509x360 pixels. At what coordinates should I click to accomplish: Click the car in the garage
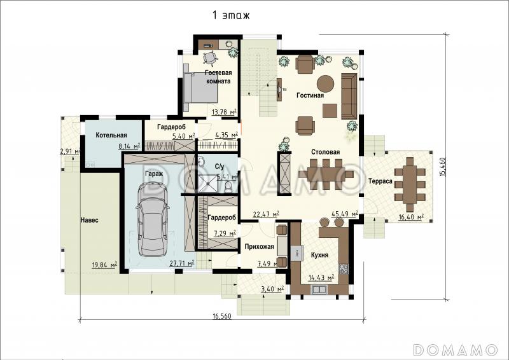(153, 219)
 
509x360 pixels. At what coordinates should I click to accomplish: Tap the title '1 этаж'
(231, 15)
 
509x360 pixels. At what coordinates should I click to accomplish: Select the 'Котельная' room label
(111, 135)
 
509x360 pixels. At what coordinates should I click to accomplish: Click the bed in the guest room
(200, 87)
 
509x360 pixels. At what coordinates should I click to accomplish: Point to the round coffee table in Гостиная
(325, 84)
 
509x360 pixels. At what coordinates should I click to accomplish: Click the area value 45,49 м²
(344, 214)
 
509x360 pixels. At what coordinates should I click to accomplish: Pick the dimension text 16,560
(222, 316)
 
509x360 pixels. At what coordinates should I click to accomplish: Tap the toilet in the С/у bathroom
(228, 186)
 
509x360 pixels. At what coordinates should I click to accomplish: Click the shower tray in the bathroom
(209, 183)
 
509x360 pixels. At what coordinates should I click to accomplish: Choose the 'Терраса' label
(380, 181)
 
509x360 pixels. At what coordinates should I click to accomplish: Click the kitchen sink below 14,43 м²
(319, 289)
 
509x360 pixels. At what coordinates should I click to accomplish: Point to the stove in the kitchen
(344, 268)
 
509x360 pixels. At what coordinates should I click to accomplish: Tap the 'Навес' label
(89, 220)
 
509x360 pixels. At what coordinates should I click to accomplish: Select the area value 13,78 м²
(224, 113)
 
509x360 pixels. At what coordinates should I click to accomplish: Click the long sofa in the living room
(349, 97)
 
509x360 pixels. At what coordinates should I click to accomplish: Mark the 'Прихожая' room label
(259, 247)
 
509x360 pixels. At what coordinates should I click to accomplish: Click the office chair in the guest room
(211, 57)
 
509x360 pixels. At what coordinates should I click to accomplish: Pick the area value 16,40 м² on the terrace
(410, 217)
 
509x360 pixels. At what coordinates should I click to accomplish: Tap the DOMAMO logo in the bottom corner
(456, 350)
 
